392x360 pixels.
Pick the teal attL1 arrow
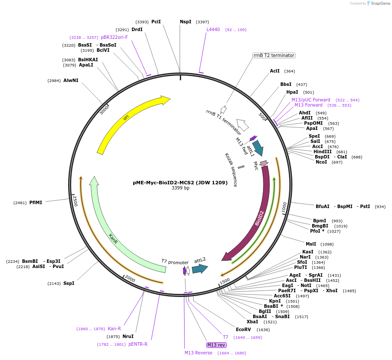pos(258,148)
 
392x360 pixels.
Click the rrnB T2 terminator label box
pos(274,55)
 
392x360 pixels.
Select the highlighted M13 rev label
pos(216,345)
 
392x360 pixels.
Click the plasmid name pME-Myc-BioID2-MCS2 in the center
pos(180,183)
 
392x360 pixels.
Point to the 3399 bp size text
pos(180,188)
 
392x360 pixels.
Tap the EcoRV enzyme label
pos(244,329)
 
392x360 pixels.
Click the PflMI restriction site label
pos(36,202)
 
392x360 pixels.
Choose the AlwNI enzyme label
pos(71,80)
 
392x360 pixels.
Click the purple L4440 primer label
pos(213,30)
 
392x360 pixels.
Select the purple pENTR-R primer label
pos(138,344)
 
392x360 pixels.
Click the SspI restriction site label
pos(69,283)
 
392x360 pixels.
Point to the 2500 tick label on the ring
pos(75,200)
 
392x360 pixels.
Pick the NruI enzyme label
pos(128,336)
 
